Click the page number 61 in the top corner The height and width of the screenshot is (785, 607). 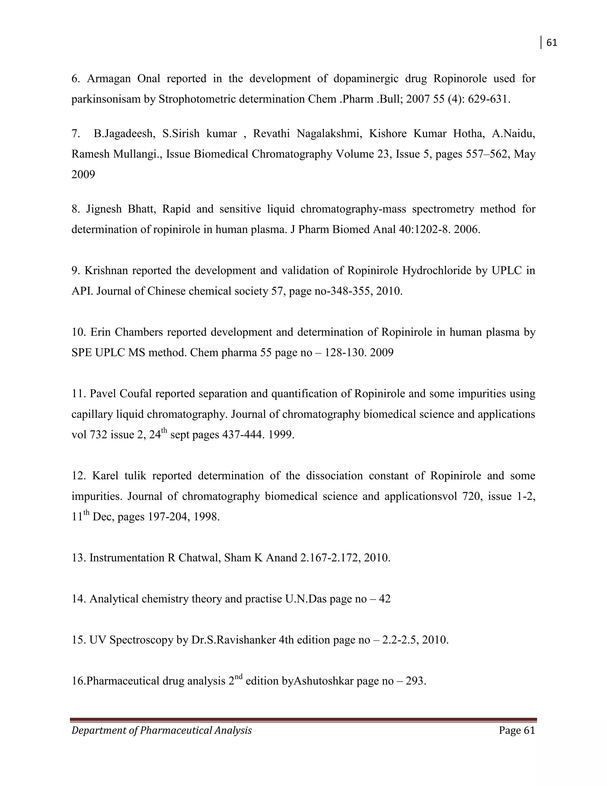(x=552, y=43)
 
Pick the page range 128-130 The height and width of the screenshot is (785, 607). (x=346, y=353)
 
